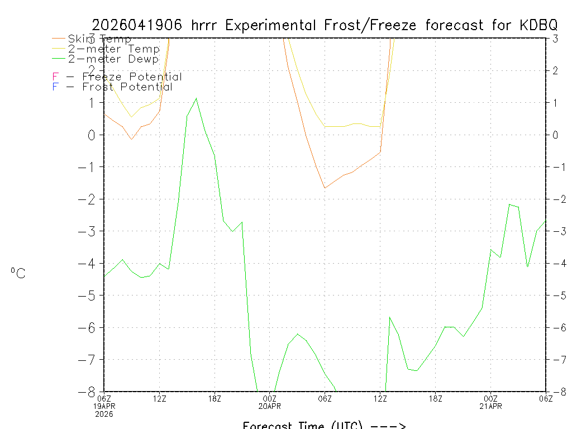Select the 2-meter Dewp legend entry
[113, 59]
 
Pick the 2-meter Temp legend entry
[114, 49]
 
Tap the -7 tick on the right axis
[556, 360]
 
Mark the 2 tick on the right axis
[555, 70]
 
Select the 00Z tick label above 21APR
[490, 398]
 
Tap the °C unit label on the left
[18, 273]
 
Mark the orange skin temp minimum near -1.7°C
[325, 188]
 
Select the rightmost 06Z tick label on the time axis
[545, 398]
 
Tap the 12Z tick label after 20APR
[380, 398]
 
